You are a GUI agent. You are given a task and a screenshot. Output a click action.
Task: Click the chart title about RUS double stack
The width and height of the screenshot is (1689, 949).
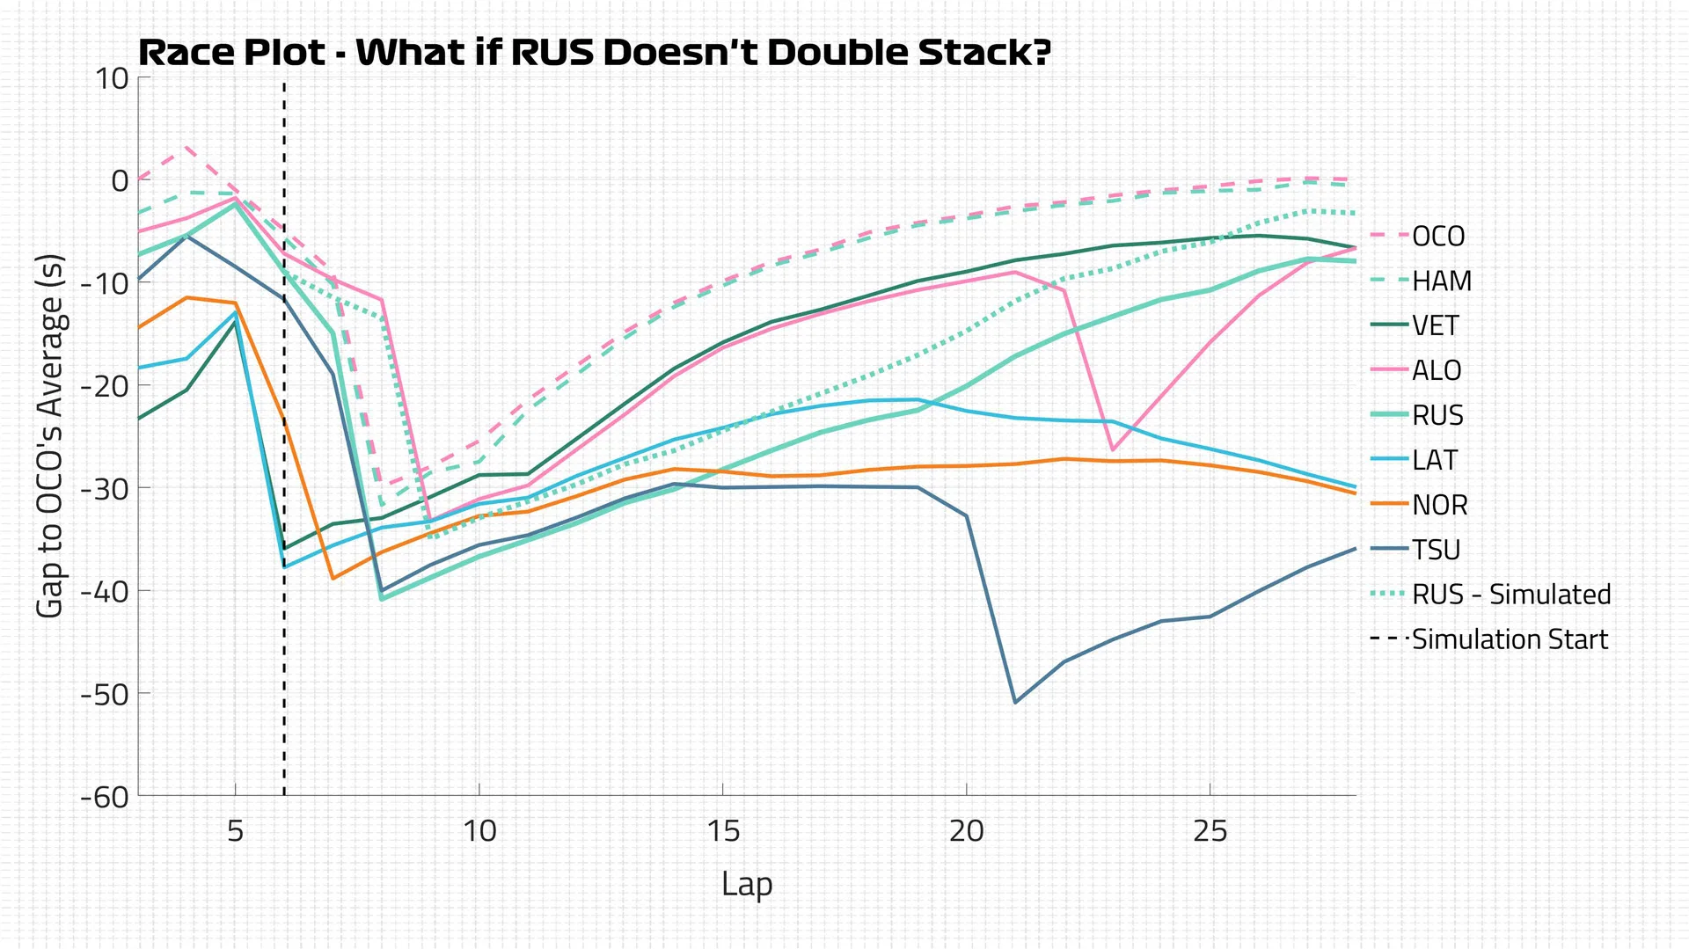(x=595, y=53)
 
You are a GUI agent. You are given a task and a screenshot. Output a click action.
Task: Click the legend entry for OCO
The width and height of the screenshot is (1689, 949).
(x=1438, y=237)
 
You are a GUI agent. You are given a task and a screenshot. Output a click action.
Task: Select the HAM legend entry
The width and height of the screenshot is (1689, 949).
(x=1441, y=281)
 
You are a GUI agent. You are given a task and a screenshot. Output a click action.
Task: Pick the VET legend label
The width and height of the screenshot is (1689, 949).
(x=1436, y=326)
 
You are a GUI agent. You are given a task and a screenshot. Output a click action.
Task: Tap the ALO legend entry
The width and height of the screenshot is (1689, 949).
(x=1437, y=371)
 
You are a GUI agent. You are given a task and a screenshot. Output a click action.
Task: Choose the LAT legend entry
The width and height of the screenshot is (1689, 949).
(x=1435, y=461)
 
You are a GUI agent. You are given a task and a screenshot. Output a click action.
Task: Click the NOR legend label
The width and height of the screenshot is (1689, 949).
(x=1439, y=506)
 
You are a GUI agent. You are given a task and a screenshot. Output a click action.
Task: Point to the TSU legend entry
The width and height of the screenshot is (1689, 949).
(x=1436, y=551)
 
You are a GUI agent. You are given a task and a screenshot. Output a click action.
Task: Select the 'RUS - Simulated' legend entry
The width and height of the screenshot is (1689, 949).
(x=1511, y=595)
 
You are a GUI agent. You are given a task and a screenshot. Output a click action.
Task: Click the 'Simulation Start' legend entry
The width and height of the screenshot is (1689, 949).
(x=1510, y=640)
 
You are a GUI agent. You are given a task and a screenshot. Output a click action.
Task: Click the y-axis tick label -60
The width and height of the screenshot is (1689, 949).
(x=105, y=797)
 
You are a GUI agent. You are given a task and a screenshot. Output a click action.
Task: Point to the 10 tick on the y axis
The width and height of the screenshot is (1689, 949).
(x=113, y=78)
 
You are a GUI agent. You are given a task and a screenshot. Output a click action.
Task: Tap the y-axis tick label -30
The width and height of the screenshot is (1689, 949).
(x=105, y=488)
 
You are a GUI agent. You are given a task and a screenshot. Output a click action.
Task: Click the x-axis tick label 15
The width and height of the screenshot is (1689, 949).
(x=723, y=831)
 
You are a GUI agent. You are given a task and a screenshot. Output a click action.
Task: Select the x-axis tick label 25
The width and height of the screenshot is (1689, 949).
(x=1210, y=831)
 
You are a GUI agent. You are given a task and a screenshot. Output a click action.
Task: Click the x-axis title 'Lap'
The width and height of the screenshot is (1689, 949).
(x=747, y=884)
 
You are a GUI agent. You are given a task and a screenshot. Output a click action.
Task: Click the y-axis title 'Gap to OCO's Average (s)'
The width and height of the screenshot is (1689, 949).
(x=50, y=436)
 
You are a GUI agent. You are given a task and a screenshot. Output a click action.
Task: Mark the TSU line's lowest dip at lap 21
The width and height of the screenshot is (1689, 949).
(x=1015, y=702)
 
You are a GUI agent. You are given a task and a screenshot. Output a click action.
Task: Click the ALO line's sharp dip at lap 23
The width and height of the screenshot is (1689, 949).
(x=1113, y=450)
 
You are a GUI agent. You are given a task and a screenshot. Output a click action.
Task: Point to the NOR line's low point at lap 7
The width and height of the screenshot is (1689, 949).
(x=333, y=578)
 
